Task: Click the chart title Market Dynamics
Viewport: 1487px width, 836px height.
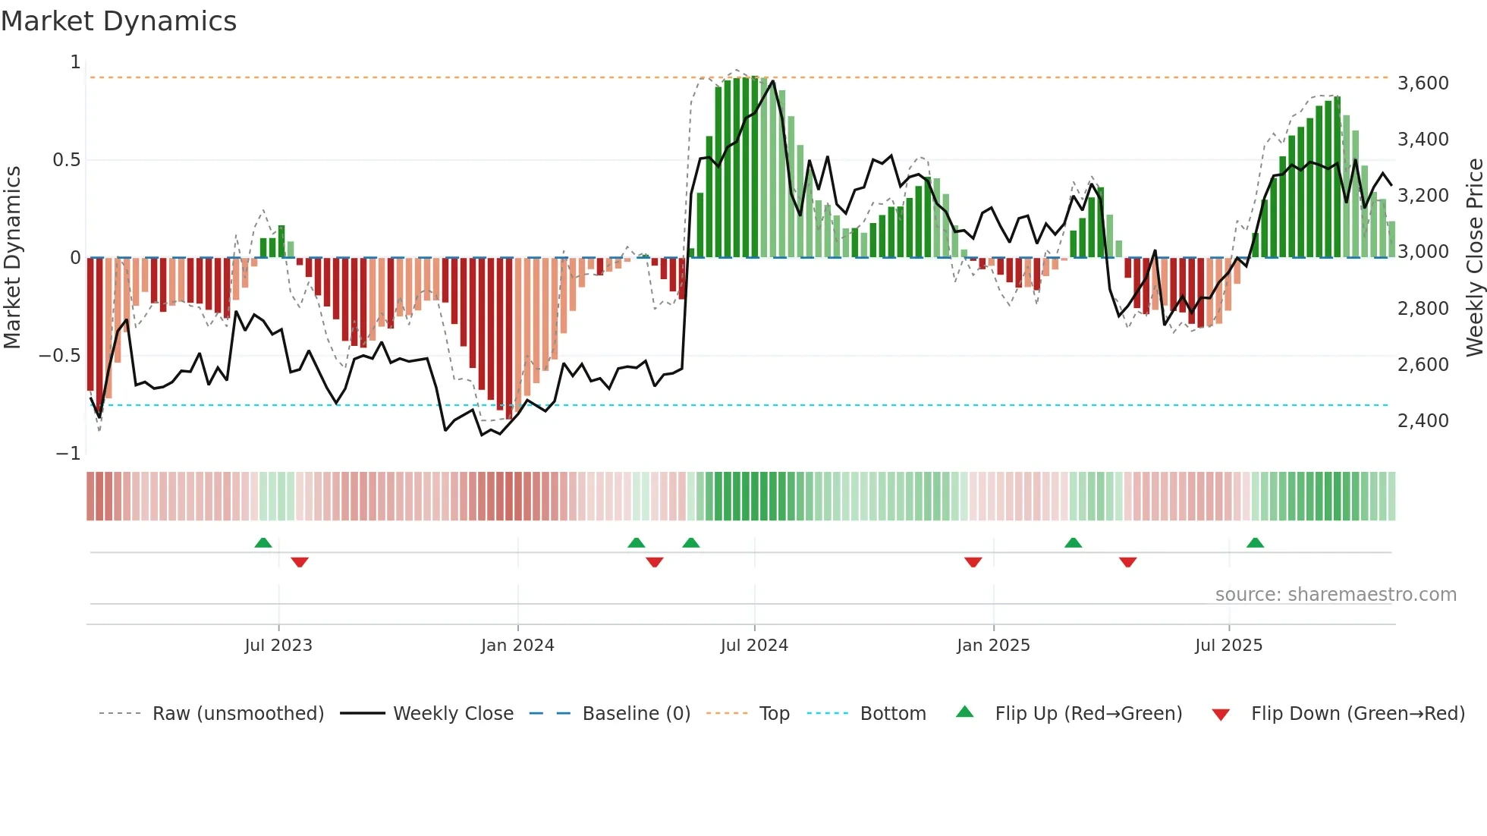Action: coord(118,21)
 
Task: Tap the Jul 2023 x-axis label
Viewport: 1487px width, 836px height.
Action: coord(278,645)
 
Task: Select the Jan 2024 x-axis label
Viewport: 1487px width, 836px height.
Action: coord(517,645)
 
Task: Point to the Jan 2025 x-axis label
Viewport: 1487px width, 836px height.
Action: coord(993,645)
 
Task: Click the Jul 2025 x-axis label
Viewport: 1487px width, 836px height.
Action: coord(1228,645)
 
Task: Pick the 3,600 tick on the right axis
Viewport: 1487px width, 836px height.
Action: coord(1423,83)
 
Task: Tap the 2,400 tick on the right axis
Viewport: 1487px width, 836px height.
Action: coord(1423,420)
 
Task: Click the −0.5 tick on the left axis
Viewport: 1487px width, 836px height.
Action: coord(60,356)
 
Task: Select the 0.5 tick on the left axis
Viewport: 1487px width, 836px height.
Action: coord(66,160)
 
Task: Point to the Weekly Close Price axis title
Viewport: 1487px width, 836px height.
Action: coord(1474,257)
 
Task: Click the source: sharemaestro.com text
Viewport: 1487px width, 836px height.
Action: coord(1335,594)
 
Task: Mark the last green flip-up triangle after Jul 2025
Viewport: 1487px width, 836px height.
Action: coord(1255,543)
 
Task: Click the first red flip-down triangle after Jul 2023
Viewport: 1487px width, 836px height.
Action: coord(300,561)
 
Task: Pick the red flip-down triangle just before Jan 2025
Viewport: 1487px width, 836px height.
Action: coord(973,561)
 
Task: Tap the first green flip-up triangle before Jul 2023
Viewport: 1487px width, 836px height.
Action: coord(263,543)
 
